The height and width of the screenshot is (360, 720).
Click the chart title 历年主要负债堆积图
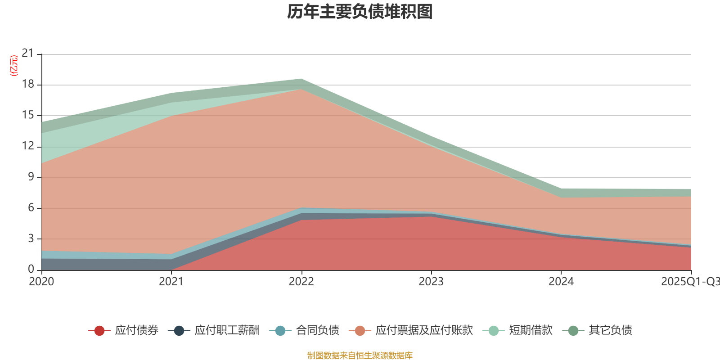point(360,12)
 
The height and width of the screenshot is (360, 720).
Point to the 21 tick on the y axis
point(28,54)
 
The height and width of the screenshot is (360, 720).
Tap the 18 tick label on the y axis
point(28,84)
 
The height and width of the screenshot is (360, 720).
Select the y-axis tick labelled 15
point(28,115)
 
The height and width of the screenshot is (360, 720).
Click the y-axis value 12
point(28,146)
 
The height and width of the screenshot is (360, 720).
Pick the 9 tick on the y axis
point(31,177)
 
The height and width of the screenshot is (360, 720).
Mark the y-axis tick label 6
point(31,207)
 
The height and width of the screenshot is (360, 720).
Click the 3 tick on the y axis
point(31,238)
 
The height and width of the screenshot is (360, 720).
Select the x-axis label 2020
point(41,282)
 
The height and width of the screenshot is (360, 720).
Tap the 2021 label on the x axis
point(171,282)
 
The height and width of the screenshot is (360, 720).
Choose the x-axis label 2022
point(301,282)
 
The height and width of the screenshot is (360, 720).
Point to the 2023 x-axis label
point(431,282)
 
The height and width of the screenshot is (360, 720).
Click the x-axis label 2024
point(561,282)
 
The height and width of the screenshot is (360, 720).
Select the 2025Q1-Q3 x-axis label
point(690,282)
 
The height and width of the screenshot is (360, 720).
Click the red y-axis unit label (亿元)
point(14,66)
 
